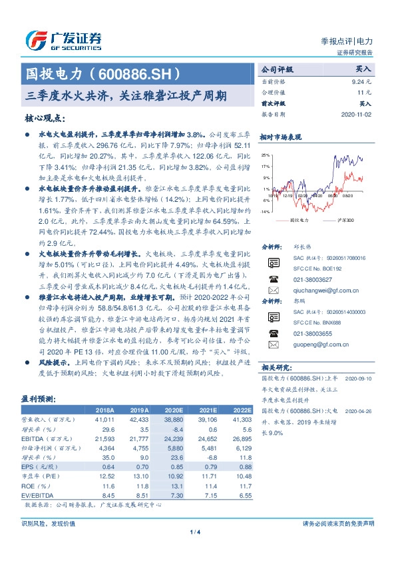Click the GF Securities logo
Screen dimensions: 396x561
click(x=63, y=40)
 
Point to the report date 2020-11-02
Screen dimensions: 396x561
click(x=359, y=115)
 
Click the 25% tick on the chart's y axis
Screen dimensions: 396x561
click(x=266, y=155)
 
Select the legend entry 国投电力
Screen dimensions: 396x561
click(x=300, y=219)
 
